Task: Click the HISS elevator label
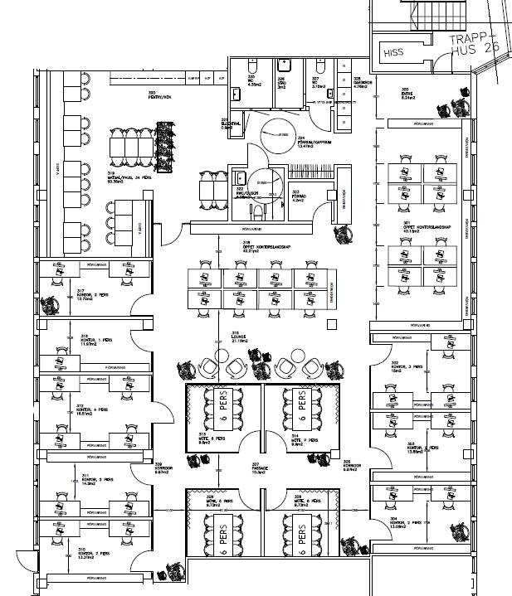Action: click(393, 52)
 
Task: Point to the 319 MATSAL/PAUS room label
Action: click(134, 180)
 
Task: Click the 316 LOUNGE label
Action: click(240, 337)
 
